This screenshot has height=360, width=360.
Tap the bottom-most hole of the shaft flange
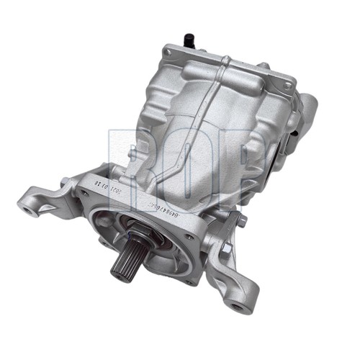tap(188, 282)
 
